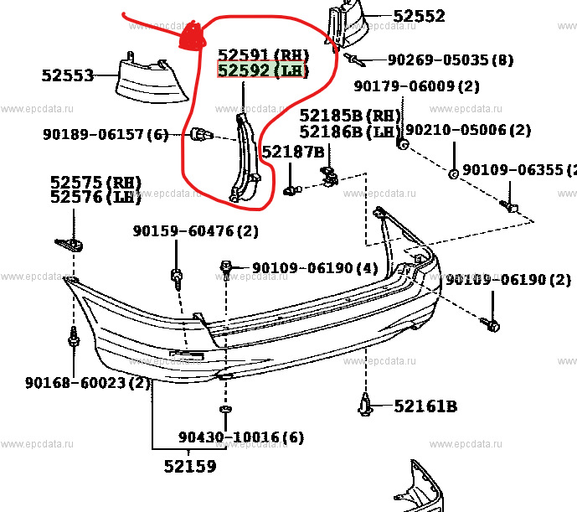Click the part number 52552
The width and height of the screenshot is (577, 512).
[x=419, y=16]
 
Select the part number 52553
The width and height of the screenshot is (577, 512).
[x=67, y=75]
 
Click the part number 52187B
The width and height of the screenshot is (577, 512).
[x=292, y=152]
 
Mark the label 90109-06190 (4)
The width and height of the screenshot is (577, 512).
[x=303, y=268]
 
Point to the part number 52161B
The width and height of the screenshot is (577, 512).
[x=425, y=406]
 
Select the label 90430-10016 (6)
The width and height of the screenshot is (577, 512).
[x=240, y=437]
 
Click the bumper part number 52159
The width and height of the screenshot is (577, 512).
[x=189, y=467]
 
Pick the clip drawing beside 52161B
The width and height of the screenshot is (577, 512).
[x=367, y=406]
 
